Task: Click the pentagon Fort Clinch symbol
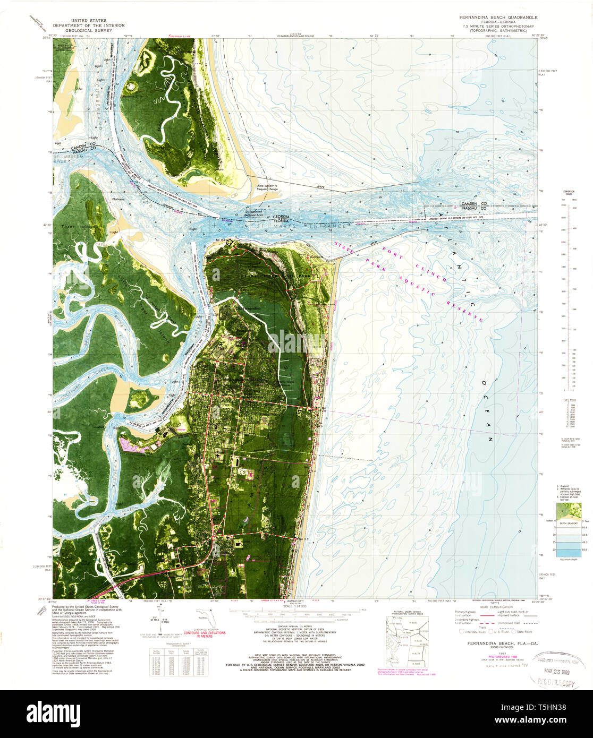229,242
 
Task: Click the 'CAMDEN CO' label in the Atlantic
471,203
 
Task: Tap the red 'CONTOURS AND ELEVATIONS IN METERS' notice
204,635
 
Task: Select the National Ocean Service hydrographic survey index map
406,641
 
